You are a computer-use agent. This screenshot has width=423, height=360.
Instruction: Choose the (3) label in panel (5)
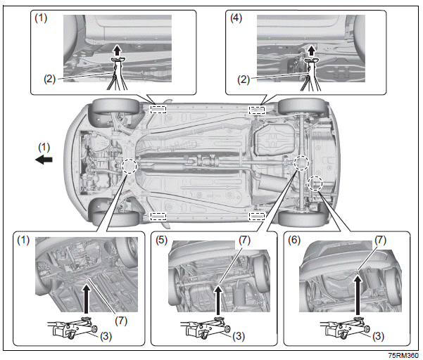tap(239, 337)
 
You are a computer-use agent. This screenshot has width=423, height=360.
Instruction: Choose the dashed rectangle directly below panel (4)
tap(258, 109)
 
